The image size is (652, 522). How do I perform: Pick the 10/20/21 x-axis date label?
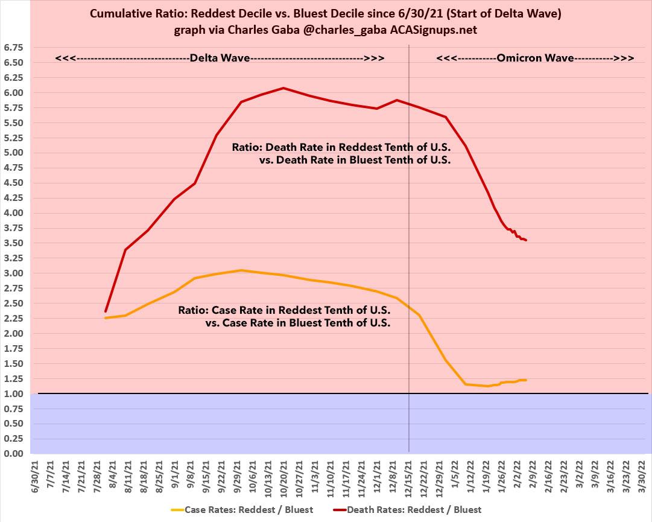click(283, 476)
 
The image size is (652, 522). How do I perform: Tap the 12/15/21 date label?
click(409, 476)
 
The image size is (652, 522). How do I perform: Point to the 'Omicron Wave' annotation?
click(534, 59)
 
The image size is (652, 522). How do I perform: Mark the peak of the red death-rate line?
click(283, 88)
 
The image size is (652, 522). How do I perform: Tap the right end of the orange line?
click(526, 380)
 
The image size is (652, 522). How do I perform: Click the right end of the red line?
click(526, 240)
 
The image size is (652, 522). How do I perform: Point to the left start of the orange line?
click(106, 317)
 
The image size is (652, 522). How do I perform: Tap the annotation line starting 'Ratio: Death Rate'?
click(341, 147)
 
